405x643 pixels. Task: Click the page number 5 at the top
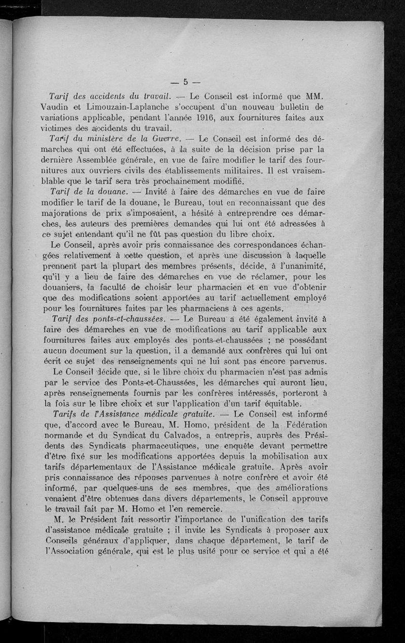click(186, 82)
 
